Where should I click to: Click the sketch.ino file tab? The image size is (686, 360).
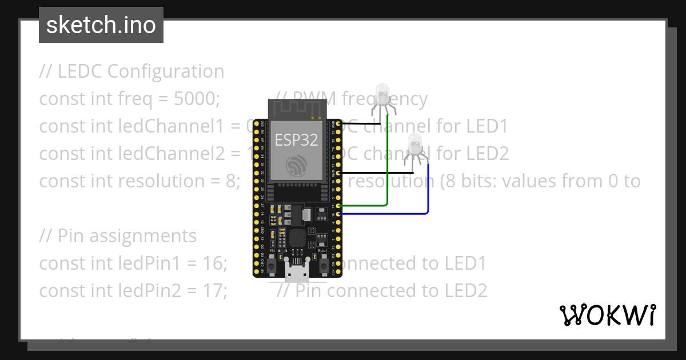[x=101, y=25]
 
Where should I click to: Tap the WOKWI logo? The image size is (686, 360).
[x=608, y=315]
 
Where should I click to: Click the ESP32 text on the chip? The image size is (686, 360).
[x=296, y=140]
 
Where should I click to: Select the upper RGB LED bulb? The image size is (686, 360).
[x=382, y=93]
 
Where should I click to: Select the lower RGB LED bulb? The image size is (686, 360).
[x=414, y=142]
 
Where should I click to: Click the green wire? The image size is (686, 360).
[x=388, y=171]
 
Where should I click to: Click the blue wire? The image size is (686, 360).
[x=428, y=194]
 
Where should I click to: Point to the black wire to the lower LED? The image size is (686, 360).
[x=377, y=172]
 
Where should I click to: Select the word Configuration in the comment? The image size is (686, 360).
[x=166, y=71]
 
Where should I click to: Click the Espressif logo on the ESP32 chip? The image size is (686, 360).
[x=297, y=165]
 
